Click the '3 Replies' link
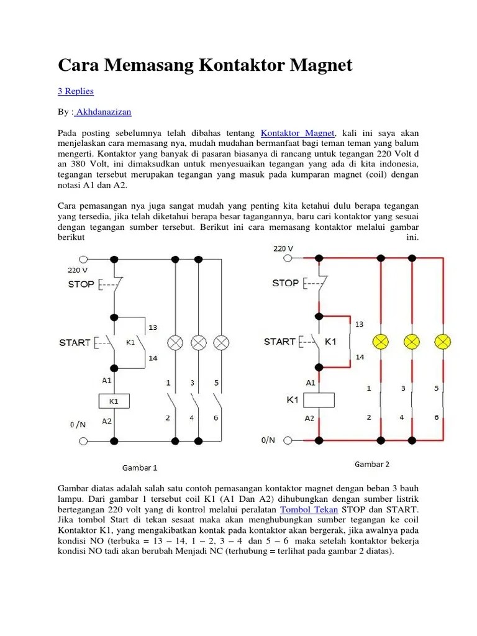[76, 91]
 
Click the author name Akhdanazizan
[103, 112]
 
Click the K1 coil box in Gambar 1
[114, 401]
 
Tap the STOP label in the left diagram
[81, 284]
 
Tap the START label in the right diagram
[279, 342]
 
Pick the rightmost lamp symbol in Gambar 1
[221, 342]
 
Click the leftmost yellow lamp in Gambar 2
[379, 341]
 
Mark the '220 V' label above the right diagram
[283, 248]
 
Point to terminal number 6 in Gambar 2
[437, 417]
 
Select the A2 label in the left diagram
[107, 421]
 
